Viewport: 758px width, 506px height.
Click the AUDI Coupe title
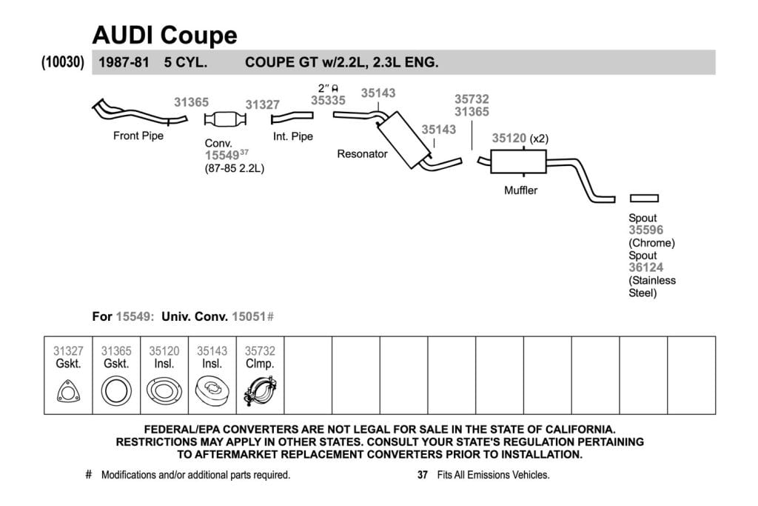pyautogui.click(x=165, y=36)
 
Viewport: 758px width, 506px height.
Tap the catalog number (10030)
pyautogui.click(x=63, y=62)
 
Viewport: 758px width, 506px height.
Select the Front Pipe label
pyautogui.click(x=138, y=136)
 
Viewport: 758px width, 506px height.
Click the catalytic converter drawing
pyautogui.click(x=225, y=119)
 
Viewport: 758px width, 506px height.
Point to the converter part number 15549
pyautogui.click(x=222, y=156)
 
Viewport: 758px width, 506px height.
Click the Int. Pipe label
pyautogui.click(x=293, y=137)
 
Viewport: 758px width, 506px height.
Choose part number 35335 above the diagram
pyautogui.click(x=328, y=101)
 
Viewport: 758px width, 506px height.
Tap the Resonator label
pyautogui.click(x=363, y=154)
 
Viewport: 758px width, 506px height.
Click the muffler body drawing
pyautogui.click(x=518, y=162)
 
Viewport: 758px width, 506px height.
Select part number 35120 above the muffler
pyautogui.click(x=509, y=139)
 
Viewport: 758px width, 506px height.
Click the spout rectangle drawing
pyautogui.click(x=645, y=199)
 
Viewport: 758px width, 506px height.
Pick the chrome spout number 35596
pyautogui.click(x=646, y=230)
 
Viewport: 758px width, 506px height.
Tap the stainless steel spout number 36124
pyautogui.click(x=646, y=267)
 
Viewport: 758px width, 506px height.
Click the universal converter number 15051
pyautogui.click(x=249, y=317)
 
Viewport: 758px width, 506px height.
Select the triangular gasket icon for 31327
pyautogui.click(x=68, y=391)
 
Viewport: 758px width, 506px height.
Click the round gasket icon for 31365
pyautogui.click(x=116, y=391)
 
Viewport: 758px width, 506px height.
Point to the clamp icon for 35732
pyautogui.click(x=260, y=391)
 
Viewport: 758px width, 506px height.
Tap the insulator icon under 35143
pyautogui.click(x=212, y=391)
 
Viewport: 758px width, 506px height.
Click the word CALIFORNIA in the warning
pyautogui.click(x=580, y=430)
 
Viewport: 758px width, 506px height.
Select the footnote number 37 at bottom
pyautogui.click(x=423, y=475)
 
